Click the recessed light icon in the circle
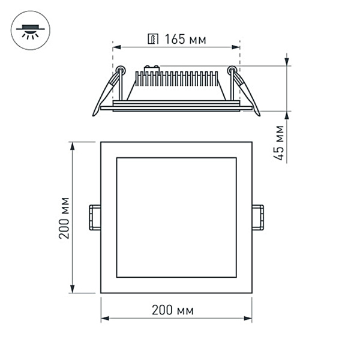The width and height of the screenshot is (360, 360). (30, 29)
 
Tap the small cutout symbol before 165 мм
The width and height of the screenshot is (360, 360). (153, 40)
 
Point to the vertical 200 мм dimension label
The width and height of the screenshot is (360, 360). (64, 217)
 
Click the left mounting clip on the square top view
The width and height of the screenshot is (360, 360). (94, 217)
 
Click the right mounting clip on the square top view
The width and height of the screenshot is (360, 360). (257, 217)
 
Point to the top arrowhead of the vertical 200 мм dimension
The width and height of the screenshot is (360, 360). (73, 146)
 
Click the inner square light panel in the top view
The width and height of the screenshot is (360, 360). (176, 217)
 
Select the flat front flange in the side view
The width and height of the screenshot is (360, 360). (176, 108)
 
